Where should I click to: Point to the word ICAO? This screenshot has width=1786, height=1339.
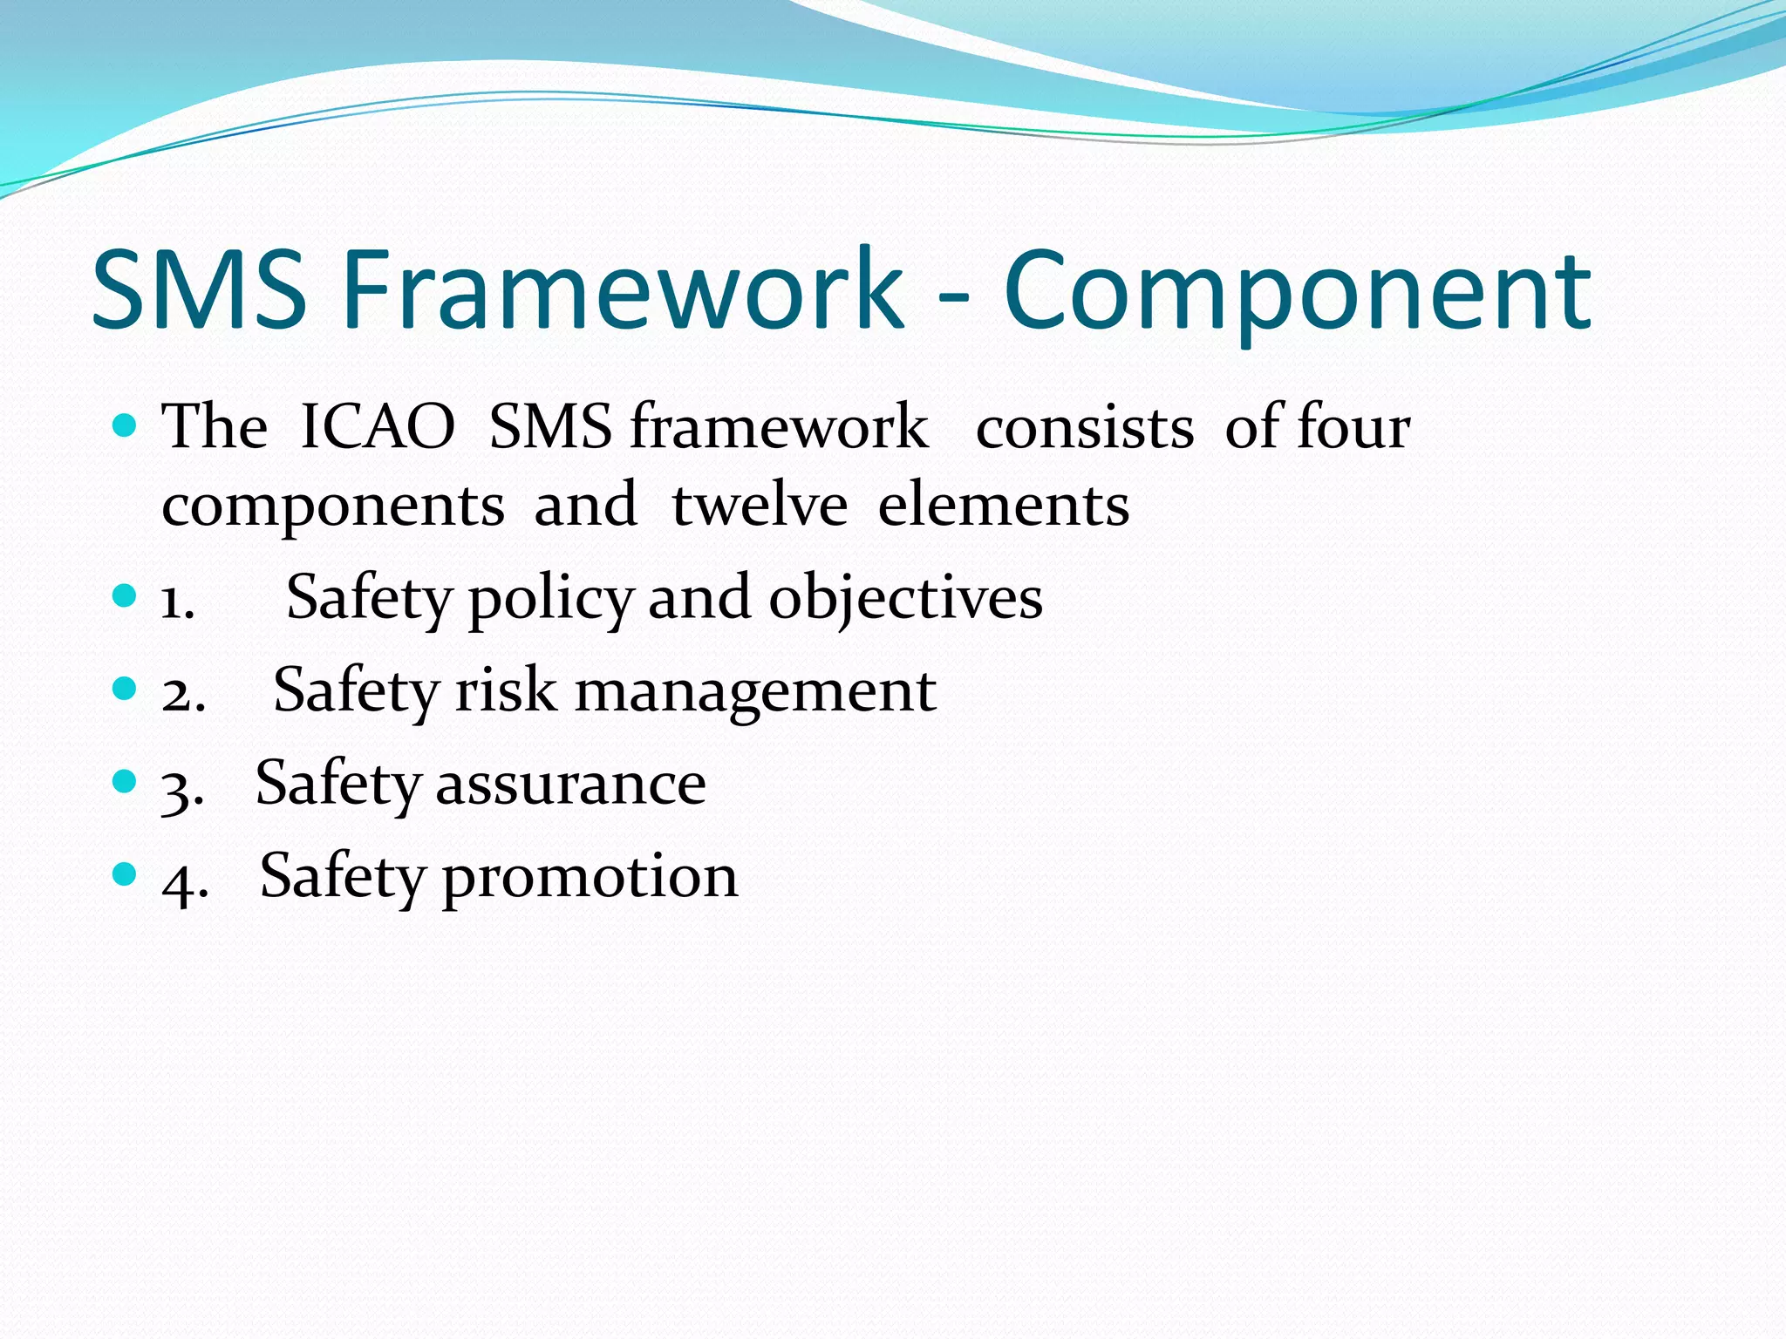[x=377, y=427]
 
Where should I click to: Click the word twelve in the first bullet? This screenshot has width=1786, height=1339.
[x=759, y=506]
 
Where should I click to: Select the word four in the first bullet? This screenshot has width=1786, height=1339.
[x=1353, y=427]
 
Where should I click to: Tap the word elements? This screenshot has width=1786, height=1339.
[x=1003, y=506]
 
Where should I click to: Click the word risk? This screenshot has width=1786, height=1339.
[x=506, y=691]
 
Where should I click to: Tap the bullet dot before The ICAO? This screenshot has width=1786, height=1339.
[x=126, y=425]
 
